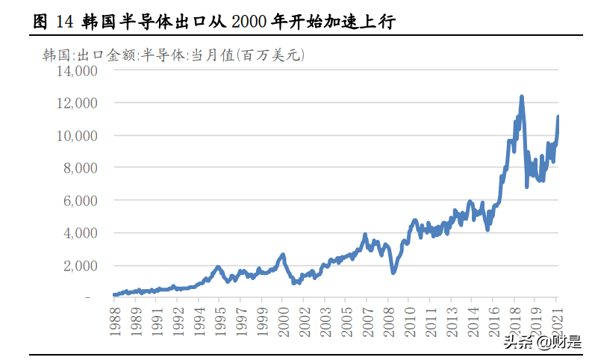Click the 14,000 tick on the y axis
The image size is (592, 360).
(78, 71)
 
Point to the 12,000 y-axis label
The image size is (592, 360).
(78, 103)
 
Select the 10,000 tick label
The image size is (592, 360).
(78, 136)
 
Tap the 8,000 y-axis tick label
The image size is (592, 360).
(81, 168)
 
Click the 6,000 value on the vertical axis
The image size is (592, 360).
(81, 201)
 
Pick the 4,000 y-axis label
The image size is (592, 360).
(81, 233)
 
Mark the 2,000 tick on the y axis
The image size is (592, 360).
(81, 266)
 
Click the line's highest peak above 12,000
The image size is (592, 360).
(521, 96)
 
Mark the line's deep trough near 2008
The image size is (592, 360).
(393, 272)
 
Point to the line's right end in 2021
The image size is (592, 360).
(558, 117)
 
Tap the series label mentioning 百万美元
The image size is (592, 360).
(173, 55)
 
